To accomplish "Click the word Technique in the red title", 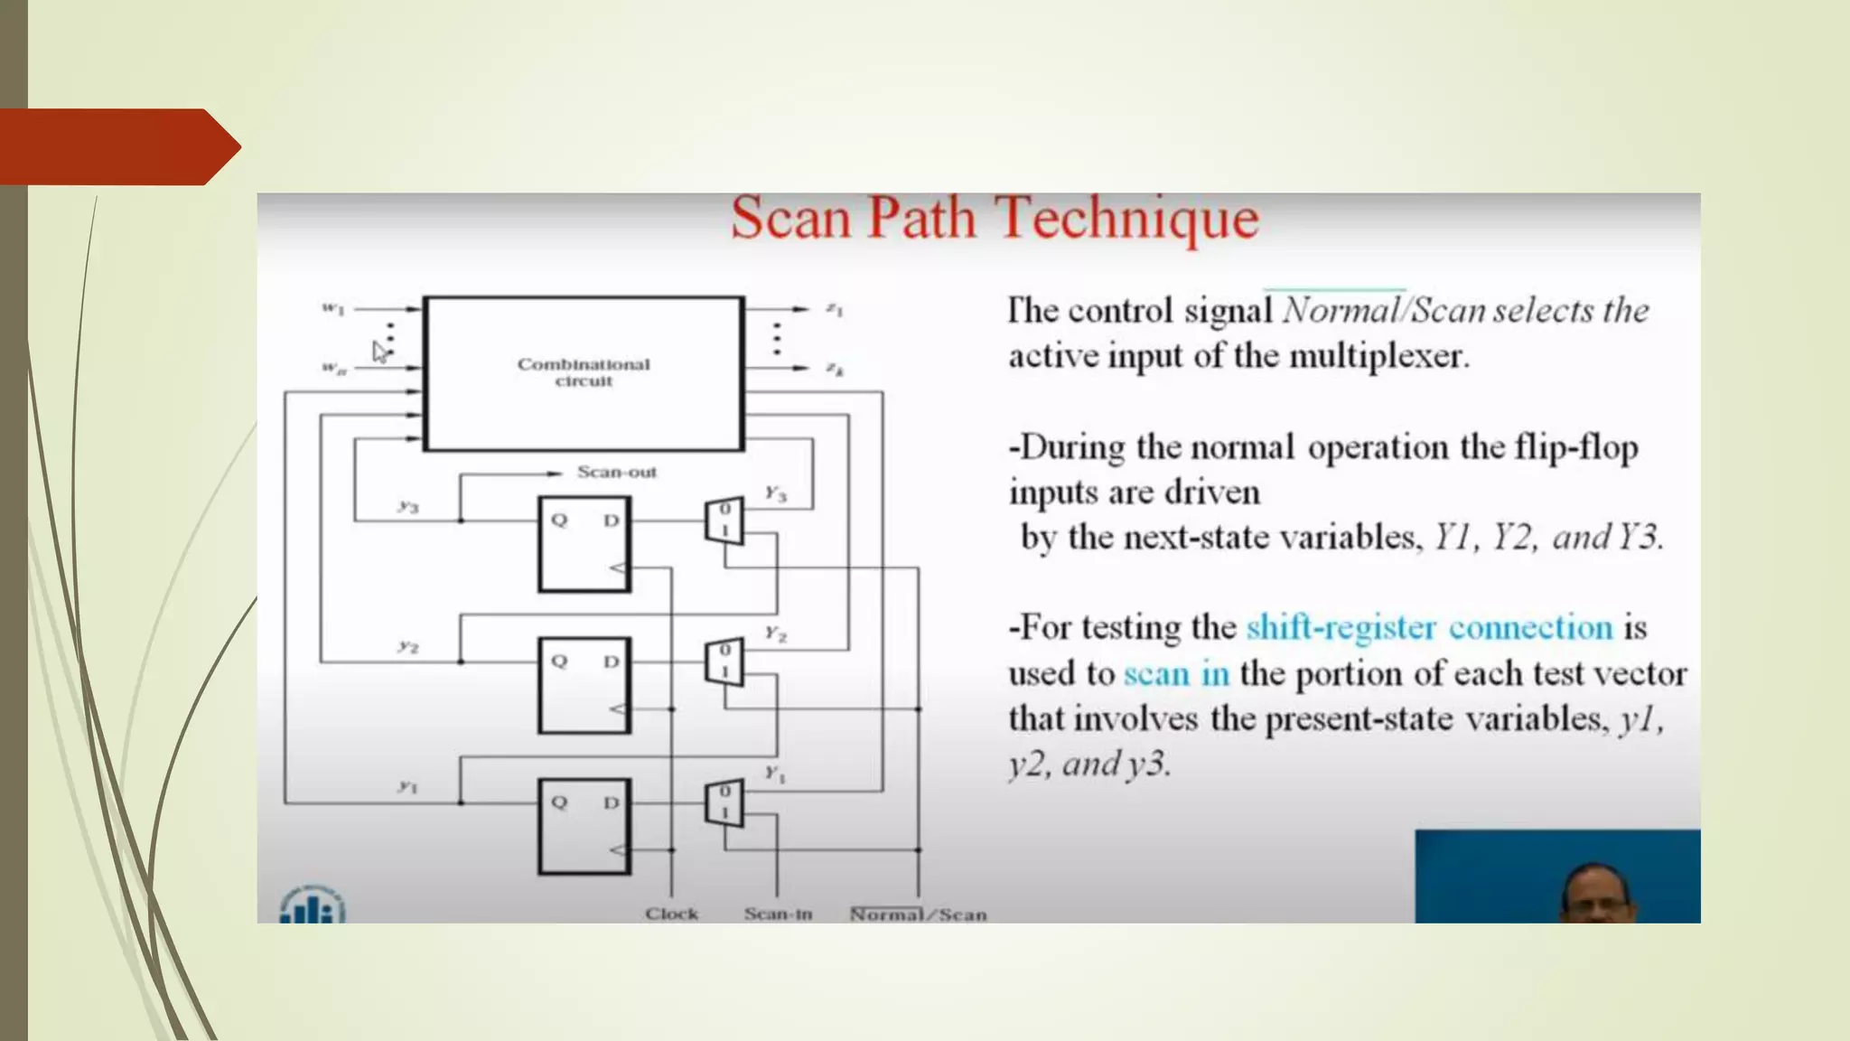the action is click(x=1126, y=220).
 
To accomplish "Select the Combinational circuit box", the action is click(x=584, y=372).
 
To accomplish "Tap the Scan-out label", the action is click(x=617, y=472).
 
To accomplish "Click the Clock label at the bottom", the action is click(x=671, y=914).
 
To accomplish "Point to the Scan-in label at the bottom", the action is click(x=778, y=914).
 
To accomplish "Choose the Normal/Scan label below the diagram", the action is click(x=918, y=914).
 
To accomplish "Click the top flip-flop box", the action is click(x=584, y=544).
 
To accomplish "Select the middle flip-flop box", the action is click(x=584, y=685).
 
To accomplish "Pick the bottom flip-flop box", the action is click(x=584, y=826).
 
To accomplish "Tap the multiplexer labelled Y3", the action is click(x=724, y=520).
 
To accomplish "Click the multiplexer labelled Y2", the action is click(x=724, y=661).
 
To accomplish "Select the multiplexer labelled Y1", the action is click(x=724, y=802).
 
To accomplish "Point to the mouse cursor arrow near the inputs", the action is click(x=379, y=352).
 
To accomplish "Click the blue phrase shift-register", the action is click(x=1341, y=627).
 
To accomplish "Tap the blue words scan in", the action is click(x=1176, y=673).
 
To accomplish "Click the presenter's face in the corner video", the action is click(x=1593, y=894).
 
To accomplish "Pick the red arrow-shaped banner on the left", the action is click(x=117, y=146).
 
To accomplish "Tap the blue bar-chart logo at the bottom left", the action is click(x=312, y=905).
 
